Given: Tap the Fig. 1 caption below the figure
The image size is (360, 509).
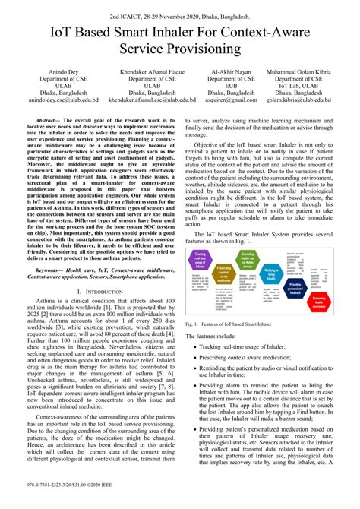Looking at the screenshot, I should (228, 324).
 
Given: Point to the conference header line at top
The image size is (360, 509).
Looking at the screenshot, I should (180, 14).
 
